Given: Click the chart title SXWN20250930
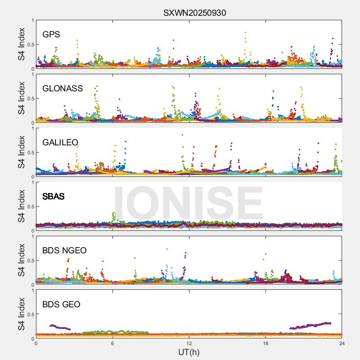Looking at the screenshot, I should pos(194,13).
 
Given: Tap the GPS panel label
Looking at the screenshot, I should pos(51,34).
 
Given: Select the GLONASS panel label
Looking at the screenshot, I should pos(63,88).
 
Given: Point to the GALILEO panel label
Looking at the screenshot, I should pos(60,142).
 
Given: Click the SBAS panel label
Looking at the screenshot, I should pos(53,196).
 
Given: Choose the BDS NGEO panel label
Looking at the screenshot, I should pos(64,250).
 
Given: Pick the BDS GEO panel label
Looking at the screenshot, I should pos(61,305).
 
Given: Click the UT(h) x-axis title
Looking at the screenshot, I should pos(189,352).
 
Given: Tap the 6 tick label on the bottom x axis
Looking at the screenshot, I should pos(112,343).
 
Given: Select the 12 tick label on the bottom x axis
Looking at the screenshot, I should pos(189,343).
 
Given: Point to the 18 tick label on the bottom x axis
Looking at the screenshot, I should pos(265,343).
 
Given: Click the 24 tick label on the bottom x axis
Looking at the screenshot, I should pos(342,343).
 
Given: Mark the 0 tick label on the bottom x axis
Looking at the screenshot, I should pos(36,343).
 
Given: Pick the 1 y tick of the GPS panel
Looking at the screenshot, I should pos(32,20).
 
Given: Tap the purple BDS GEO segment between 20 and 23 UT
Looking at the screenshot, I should pos(310,325).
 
